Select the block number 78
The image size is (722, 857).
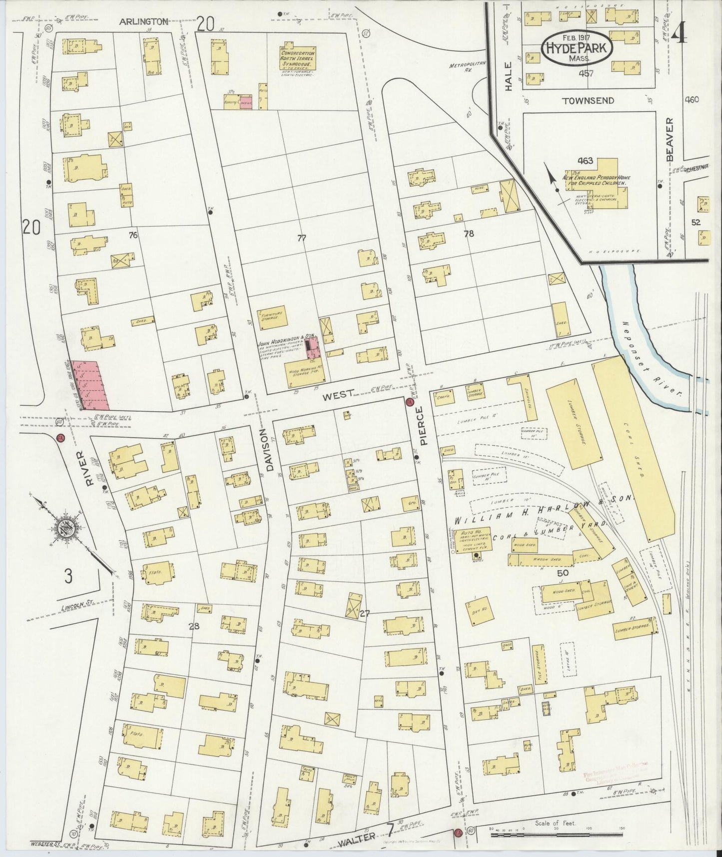pyautogui.click(x=468, y=233)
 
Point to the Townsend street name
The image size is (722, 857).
pyautogui.click(x=588, y=100)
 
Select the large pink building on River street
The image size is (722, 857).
pyautogui.click(x=90, y=385)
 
